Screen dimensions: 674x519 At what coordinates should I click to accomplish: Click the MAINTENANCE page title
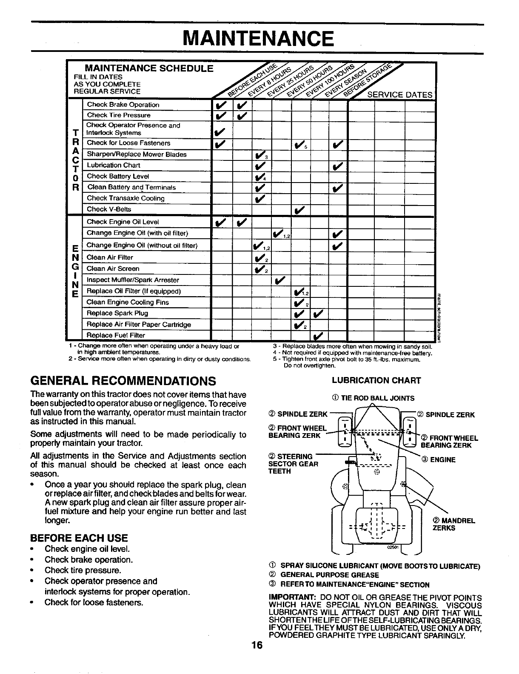(258, 39)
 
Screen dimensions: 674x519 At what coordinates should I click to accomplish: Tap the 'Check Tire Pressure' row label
(118, 115)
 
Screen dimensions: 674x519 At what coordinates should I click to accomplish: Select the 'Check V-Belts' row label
(109, 209)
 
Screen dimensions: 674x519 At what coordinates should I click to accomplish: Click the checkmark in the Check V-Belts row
(299, 209)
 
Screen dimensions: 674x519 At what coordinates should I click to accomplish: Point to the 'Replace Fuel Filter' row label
(116, 335)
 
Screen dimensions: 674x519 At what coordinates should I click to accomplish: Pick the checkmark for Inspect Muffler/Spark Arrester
(279, 280)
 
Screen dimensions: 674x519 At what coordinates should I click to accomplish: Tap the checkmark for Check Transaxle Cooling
(259, 198)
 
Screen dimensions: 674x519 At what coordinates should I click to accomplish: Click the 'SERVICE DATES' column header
(399, 95)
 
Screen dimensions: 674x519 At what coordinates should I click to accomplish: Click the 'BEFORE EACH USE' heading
(79, 537)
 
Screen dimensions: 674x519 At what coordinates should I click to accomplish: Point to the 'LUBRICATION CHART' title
(376, 380)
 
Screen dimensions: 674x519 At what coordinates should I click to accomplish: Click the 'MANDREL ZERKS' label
(453, 524)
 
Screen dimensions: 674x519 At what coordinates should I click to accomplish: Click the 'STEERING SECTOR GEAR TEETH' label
(293, 464)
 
